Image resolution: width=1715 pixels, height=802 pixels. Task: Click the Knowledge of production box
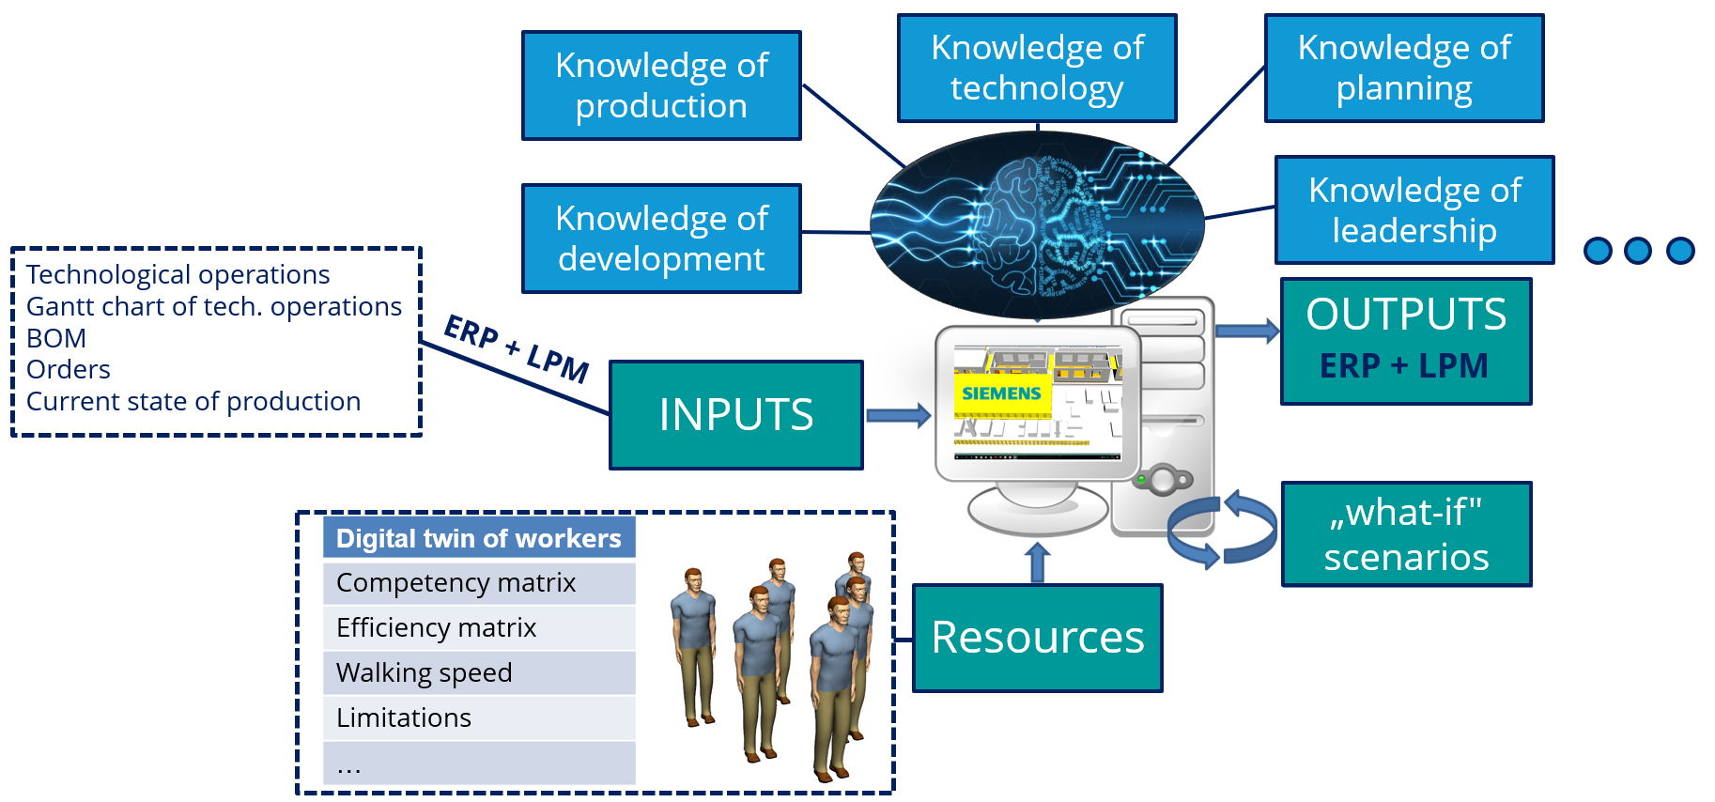click(x=661, y=85)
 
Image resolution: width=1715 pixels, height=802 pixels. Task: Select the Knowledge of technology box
click(x=1037, y=68)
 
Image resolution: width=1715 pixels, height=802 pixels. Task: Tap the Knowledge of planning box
click(x=1404, y=68)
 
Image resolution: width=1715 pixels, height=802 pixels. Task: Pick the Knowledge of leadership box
click(x=1414, y=209)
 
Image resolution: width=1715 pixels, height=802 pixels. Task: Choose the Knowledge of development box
click(x=661, y=239)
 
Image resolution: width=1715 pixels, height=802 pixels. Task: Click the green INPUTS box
click(x=736, y=414)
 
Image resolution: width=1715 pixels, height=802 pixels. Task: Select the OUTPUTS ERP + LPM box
click(x=1406, y=341)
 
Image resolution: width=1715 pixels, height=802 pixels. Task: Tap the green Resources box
click(x=1038, y=638)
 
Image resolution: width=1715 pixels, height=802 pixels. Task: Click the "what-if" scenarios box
click(x=1406, y=534)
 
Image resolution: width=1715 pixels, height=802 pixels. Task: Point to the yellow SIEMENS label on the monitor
click(x=1001, y=393)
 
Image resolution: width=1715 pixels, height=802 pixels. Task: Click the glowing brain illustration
click(x=1037, y=225)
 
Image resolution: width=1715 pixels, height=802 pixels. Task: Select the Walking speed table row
click(x=479, y=672)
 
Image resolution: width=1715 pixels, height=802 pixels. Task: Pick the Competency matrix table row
click(x=479, y=583)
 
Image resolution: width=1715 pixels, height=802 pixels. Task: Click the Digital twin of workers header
click(x=479, y=538)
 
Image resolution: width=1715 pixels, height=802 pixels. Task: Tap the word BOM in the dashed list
click(x=56, y=338)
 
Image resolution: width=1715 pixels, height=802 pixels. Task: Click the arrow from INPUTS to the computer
click(x=898, y=415)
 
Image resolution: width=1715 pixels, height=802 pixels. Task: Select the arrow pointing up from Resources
click(x=1037, y=562)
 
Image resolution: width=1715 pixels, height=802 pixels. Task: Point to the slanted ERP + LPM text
click(x=516, y=348)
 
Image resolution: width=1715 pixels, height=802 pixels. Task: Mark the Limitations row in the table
click(x=479, y=717)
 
